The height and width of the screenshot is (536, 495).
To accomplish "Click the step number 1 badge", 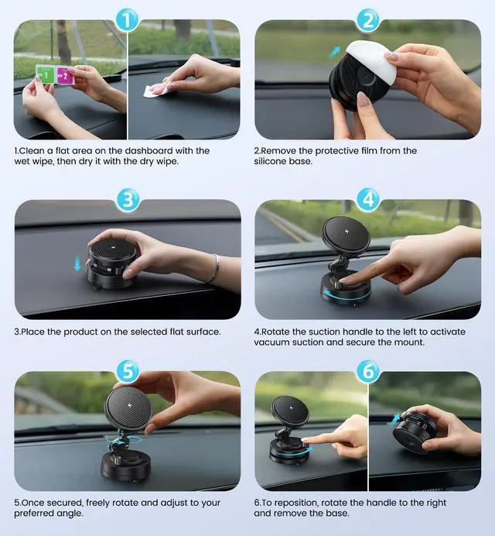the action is pyautogui.click(x=127, y=20).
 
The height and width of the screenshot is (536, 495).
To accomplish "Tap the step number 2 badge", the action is pyautogui.click(x=368, y=20).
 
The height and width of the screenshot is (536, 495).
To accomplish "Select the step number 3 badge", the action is pyautogui.click(x=128, y=200).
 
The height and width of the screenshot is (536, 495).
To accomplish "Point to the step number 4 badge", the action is pyautogui.click(x=368, y=199).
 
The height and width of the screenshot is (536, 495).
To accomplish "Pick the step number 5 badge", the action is pyautogui.click(x=128, y=371).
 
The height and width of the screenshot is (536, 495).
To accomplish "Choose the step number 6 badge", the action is pyautogui.click(x=368, y=371).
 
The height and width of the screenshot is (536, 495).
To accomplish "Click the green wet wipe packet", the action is pyautogui.click(x=46, y=75).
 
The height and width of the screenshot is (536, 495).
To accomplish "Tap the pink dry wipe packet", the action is pyautogui.click(x=64, y=76).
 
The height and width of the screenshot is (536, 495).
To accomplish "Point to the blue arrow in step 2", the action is pyautogui.click(x=335, y=53).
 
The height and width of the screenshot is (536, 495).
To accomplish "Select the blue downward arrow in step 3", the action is pyautogui.click(x=77, y=263).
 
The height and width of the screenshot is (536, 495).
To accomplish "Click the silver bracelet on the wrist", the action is pyautogui.click(x=215, y=269).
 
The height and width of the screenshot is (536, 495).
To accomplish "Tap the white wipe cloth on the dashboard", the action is pyautogui.click(x=156, y=90).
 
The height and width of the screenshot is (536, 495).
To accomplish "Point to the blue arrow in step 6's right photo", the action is pyautogui.click(x=395, y=419).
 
